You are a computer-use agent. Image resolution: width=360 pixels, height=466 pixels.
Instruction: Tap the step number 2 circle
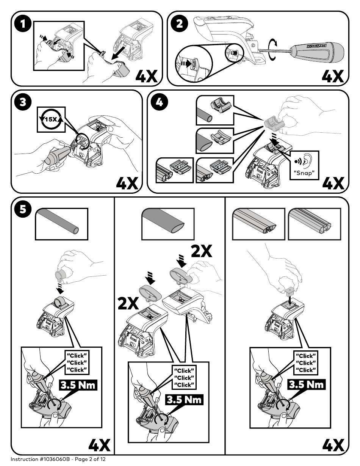point(180,24)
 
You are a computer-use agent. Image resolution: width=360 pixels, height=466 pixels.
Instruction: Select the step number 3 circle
point(23,102)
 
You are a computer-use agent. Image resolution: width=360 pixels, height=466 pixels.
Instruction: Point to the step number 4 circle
point(159,102)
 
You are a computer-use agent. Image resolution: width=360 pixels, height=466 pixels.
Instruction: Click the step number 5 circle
point(23,209)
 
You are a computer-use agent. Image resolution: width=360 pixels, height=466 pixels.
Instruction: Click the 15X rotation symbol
point(51,119)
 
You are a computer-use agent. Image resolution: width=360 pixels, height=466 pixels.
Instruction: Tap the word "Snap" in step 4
point(304,173)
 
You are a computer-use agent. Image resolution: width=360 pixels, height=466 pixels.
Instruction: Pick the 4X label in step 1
point(147,76)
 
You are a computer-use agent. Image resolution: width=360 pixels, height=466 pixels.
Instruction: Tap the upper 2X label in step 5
point(202,251)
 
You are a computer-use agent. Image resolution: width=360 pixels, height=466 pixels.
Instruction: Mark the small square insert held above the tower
point(290,292)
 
